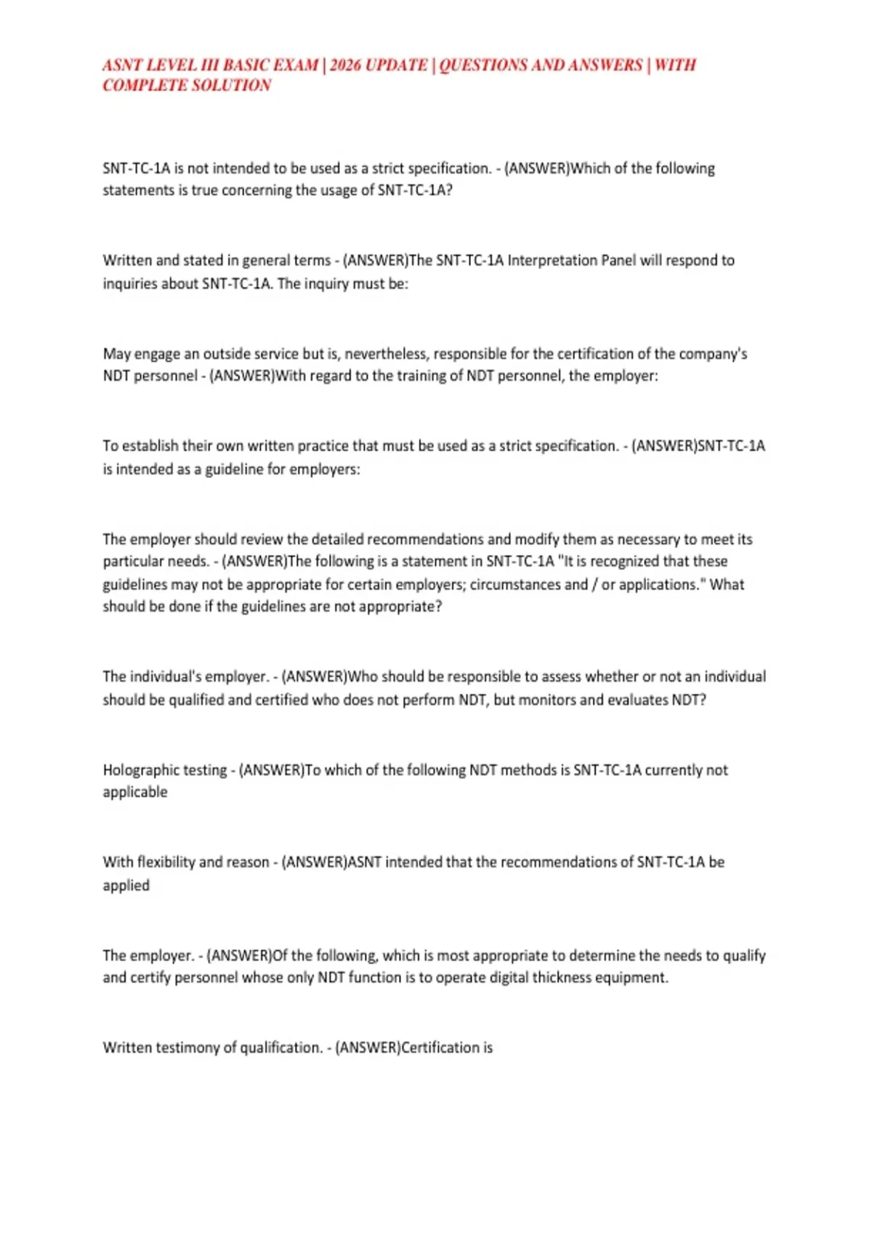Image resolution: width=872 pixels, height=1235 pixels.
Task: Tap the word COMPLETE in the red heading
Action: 137,86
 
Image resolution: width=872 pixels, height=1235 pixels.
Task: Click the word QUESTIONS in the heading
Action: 483,65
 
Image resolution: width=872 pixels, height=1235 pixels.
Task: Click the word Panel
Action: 617,260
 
